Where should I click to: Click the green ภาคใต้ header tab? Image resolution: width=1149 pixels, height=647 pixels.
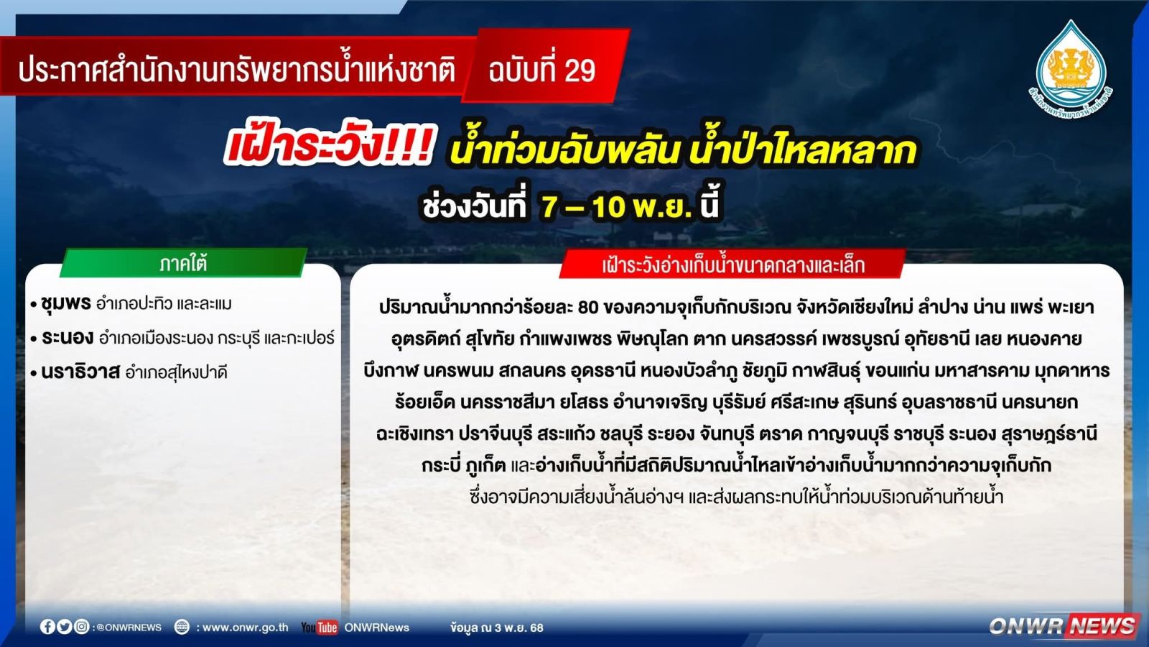coord(183,263)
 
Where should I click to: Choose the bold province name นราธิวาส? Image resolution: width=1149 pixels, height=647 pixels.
coord(80,371)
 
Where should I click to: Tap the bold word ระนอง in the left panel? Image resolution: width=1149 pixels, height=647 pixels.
coord(68,337)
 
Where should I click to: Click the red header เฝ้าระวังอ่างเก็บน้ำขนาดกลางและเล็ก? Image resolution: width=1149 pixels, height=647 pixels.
coord(733,265)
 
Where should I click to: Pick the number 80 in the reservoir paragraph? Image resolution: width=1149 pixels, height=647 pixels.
coord(588,307)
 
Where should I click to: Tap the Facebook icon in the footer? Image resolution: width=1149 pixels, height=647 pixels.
coord(47,626)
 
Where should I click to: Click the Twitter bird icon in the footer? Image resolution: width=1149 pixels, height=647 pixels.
coord(64,626)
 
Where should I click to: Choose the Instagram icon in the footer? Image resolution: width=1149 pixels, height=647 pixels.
coord(81,626)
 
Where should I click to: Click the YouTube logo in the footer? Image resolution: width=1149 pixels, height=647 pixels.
coord(319,627)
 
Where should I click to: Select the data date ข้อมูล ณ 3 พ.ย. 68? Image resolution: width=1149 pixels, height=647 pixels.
coord(496,627)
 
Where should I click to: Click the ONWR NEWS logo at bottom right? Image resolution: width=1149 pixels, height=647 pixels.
coord(1063,626)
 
